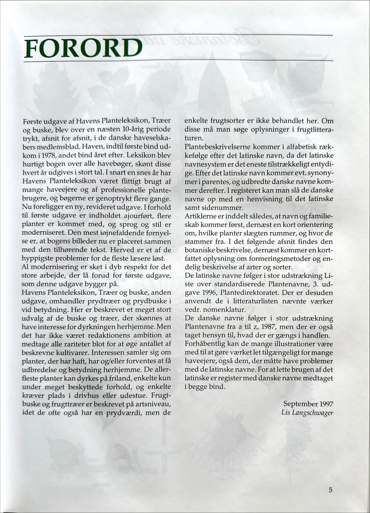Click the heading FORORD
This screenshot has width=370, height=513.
[x=83, y=47]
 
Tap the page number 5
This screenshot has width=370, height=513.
[x=330, y=490]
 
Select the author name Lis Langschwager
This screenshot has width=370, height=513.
[x=307, y=412]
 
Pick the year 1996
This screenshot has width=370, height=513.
[x=209, y=292]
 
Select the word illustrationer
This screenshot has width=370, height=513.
[x=292, y=344]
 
